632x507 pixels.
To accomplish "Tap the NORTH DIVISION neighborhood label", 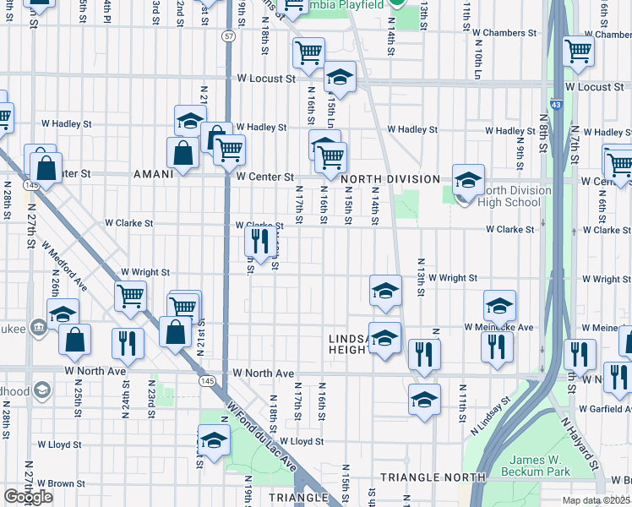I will tap(390, 179).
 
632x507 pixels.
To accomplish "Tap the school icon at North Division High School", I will tap(468, 180).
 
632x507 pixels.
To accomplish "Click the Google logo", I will tap(28, 497).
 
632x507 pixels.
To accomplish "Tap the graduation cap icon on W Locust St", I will tap(340, 78).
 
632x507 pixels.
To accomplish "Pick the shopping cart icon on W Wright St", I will tap(131, 297).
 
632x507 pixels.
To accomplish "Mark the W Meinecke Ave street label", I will tap(498, 327).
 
